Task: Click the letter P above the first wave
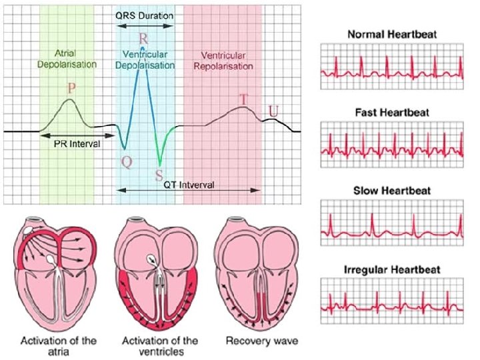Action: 72,88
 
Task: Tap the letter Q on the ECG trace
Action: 126,160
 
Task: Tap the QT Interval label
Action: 189,185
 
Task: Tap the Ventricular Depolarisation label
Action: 149,59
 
